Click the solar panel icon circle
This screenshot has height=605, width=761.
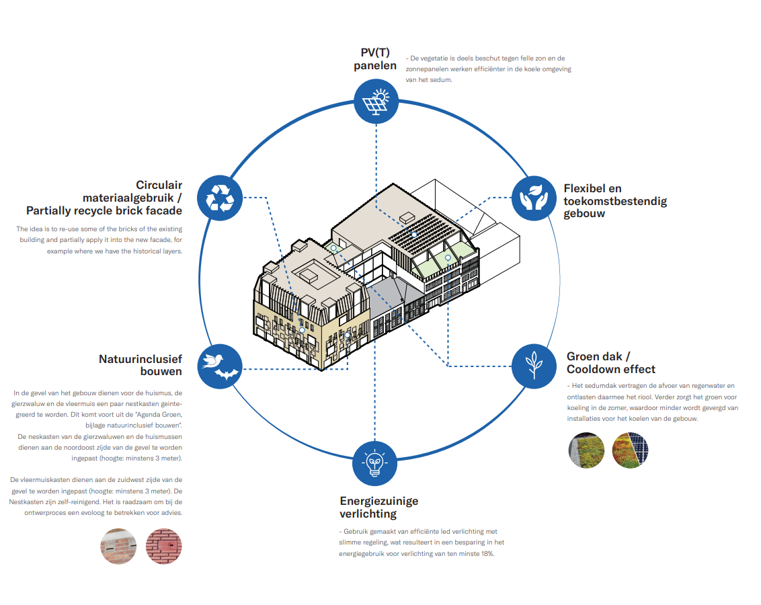click(x=376, y=102)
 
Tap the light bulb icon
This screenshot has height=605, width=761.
click(x=376, y=463)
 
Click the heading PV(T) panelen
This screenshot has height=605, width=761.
click(x=375, y=59)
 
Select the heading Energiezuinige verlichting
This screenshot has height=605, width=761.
click(x=378, y=508)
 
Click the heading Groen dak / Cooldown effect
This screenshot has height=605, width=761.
click(x=610, y=363)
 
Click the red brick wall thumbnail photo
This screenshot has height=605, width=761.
click(x=164, y=546)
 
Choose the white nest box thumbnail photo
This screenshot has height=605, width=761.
click(x=118, y=546)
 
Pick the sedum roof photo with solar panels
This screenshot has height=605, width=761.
click(x=630, y=450)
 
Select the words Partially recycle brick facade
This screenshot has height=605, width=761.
click(x=104, y=210)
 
